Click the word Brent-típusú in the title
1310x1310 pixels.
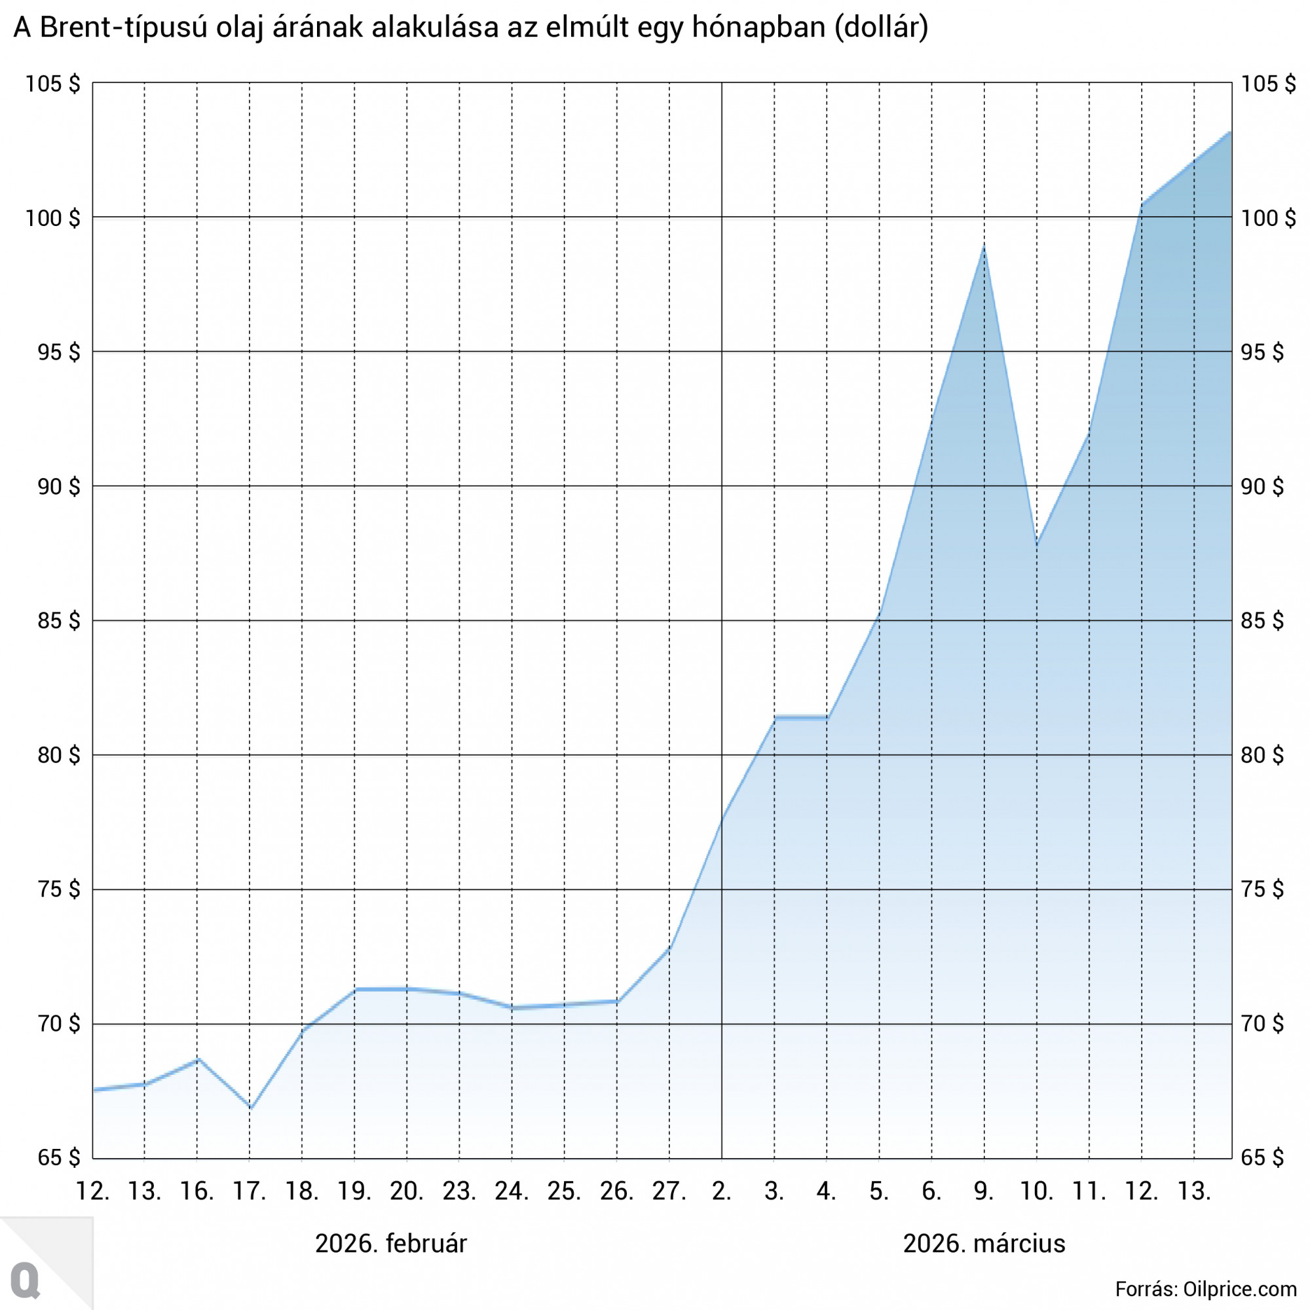(123, 28)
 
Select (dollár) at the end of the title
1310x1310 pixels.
(881, 28)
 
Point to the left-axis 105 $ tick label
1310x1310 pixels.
(52, 84)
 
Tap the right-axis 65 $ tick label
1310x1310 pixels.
(1262, 1157)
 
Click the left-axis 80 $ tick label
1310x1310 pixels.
(58, 755)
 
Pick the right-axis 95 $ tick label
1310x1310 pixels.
(1262, 352)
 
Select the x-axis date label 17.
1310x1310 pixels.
(249, 1191)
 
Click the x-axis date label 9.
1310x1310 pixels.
(983, 1191)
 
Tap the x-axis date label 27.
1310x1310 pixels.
(669, 1191)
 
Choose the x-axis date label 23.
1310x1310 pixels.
(459, 1191)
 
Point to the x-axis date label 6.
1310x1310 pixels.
(931, 1191)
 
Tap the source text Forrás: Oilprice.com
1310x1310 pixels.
(1205, 1289)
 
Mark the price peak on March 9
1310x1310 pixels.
(984, 247)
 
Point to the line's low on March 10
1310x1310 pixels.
(1036, 544)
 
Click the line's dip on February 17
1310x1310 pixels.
(250, 1108)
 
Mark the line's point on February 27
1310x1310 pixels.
(669, 946)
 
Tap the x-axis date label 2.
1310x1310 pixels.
(720, 1191)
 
